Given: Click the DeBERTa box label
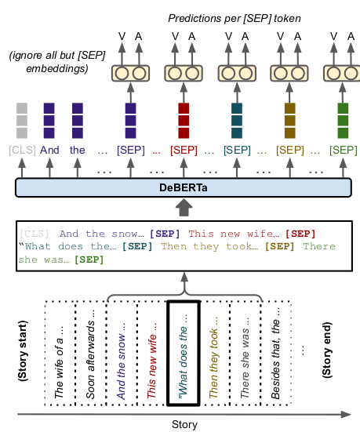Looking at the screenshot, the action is pos(184,187).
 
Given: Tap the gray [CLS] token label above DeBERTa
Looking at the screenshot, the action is pos(22,151).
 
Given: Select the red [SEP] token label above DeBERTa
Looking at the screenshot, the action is pos(184,151).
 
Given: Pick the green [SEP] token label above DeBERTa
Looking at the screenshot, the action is pos(344,151).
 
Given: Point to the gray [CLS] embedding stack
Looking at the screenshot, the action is pos(22,121).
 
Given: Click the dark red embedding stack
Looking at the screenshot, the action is pos(184,121).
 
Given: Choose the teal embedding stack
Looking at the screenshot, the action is pos(237,121).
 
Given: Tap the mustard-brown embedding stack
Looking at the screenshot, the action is pos(289,121).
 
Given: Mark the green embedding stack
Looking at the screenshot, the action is pos(343,121).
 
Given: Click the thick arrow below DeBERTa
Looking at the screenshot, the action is pos(184,208).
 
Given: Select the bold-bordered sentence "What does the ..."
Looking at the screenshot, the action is pos(183,354).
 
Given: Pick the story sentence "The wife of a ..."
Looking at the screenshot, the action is pos(59,362).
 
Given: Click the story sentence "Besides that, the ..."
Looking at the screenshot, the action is pos(275,354).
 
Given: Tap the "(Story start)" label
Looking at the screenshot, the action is pos(23,351).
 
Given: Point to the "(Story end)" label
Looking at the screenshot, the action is pos(326,350).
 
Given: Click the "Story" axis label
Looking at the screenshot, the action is pos(184,425).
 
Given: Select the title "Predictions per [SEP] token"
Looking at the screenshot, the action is pos(235,19).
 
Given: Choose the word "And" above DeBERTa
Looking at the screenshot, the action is pos(49,151).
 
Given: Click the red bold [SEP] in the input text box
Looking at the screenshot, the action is pos(300,234).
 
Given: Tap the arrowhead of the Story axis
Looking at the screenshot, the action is pos(351,415).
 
